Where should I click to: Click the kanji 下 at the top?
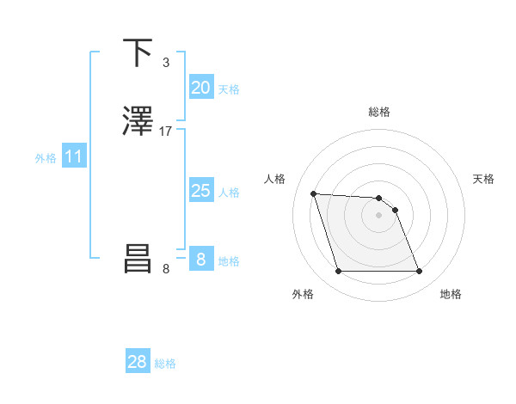(138, 53)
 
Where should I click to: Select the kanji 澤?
(138, 121)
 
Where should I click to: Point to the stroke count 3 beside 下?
(166, 63)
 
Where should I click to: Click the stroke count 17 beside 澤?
(166, 132)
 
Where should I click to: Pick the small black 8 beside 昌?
(166, 269)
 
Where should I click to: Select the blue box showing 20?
(200, 88)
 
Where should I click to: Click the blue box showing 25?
(200, 191)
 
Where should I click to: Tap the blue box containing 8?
(200, 260)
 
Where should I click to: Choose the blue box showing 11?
(74, 156)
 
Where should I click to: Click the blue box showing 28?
(138, 362)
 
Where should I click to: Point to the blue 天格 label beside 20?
(229, 89)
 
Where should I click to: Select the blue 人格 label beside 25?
(229, 193)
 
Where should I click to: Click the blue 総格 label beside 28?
(165, 364)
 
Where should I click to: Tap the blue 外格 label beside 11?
(46, 158)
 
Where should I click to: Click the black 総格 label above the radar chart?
(379, 112)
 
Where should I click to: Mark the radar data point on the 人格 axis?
(314, 193)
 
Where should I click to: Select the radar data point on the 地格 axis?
(419, 272)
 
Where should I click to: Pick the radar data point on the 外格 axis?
(339, 272)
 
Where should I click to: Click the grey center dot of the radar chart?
(379, 215)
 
